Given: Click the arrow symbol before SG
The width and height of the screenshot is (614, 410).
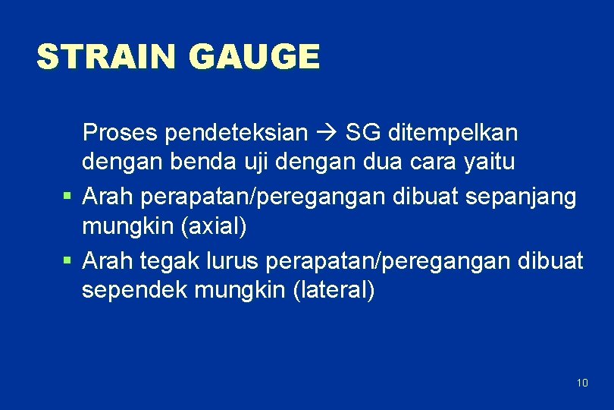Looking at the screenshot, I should point(326,134).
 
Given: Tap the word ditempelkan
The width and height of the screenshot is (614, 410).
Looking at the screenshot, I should point(453,133).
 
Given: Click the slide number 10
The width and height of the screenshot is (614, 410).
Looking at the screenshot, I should point(582,382).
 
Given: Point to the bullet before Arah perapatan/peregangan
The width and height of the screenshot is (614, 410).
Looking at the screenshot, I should point(67,196).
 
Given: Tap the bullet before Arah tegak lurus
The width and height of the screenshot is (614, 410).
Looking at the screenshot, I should point(67,260).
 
